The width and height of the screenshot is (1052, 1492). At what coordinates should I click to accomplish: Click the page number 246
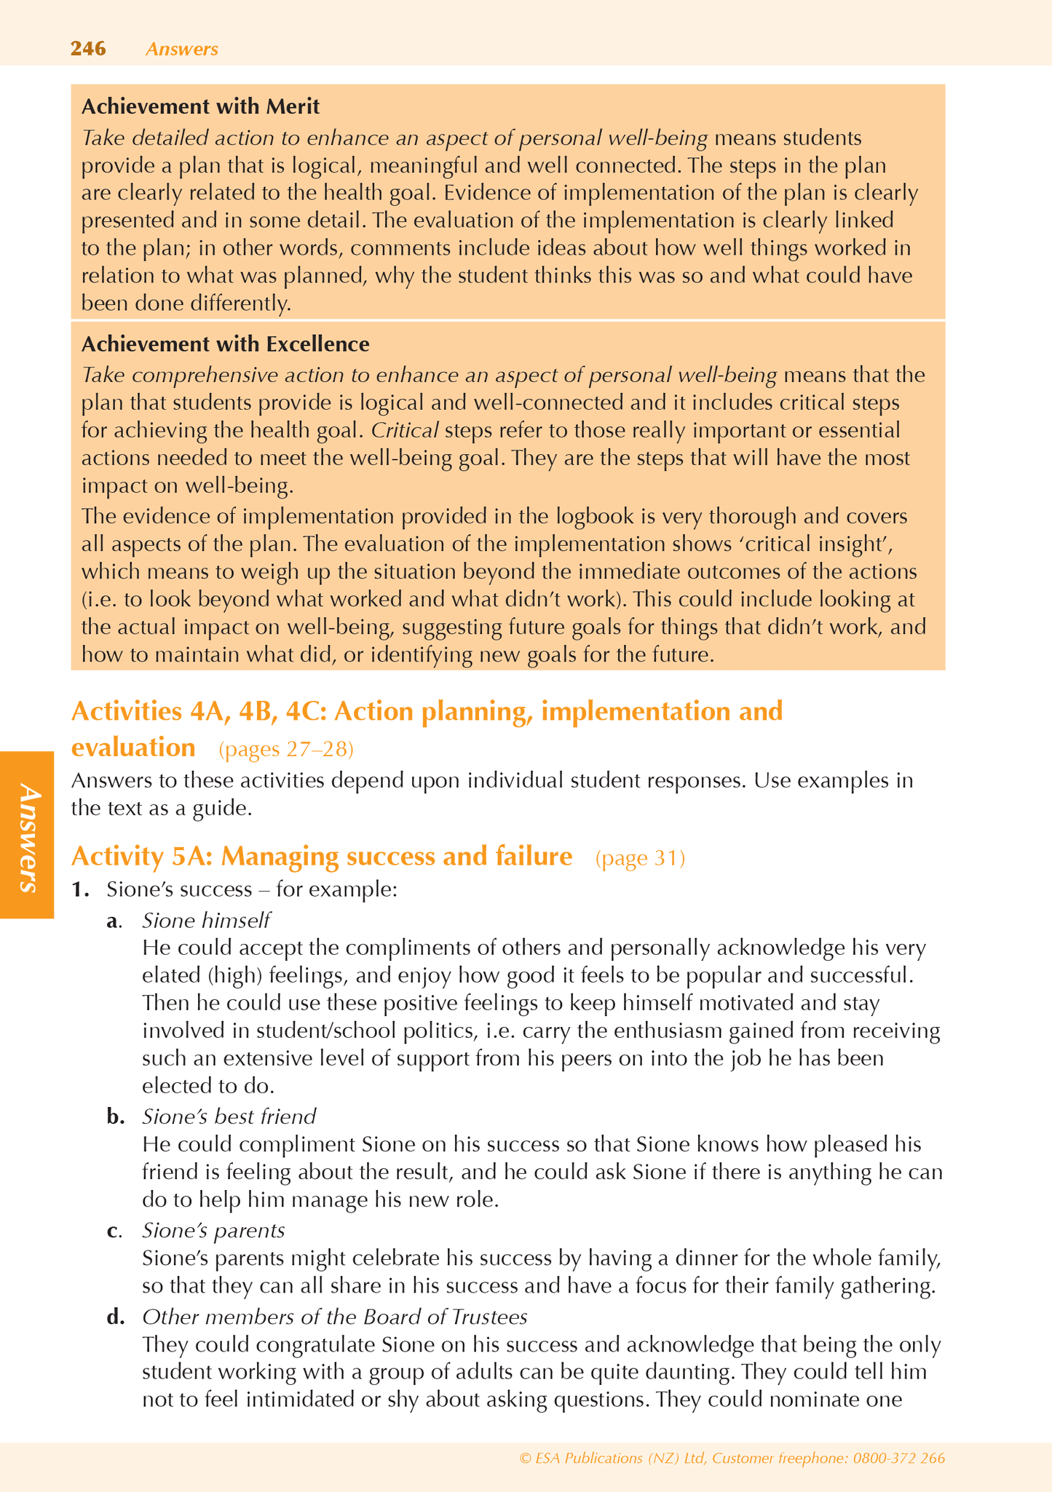point(88,49)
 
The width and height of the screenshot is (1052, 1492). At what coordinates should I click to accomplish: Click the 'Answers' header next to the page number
point(181,49)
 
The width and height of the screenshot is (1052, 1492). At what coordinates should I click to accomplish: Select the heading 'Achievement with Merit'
point(200,106)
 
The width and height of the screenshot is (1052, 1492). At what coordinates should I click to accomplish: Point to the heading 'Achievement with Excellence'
point(225,344)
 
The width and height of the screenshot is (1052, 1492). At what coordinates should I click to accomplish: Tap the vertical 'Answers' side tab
point(28,837)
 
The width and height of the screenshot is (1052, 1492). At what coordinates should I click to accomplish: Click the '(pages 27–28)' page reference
point(286,749)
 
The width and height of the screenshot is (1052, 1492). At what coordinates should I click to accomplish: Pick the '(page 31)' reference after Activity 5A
point(640,858)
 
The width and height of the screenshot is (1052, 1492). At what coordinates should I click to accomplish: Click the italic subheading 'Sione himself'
point(206,921)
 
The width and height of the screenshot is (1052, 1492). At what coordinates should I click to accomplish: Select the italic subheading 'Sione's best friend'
point(229,1116)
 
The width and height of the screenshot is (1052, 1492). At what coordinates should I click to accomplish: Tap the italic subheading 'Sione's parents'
point(213,1230)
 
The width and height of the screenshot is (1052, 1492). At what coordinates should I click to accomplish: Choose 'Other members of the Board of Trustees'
point(334,1317)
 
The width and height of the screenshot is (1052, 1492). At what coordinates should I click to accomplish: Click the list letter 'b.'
point(116,1116)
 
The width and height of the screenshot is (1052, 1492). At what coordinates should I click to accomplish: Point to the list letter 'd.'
point(116,1317)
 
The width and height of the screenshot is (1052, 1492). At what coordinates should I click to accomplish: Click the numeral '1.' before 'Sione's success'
point(80,889)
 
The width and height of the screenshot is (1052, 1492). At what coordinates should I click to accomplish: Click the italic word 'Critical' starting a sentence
point(405,430)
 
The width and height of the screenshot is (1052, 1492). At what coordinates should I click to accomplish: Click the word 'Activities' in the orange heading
point(124,710)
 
